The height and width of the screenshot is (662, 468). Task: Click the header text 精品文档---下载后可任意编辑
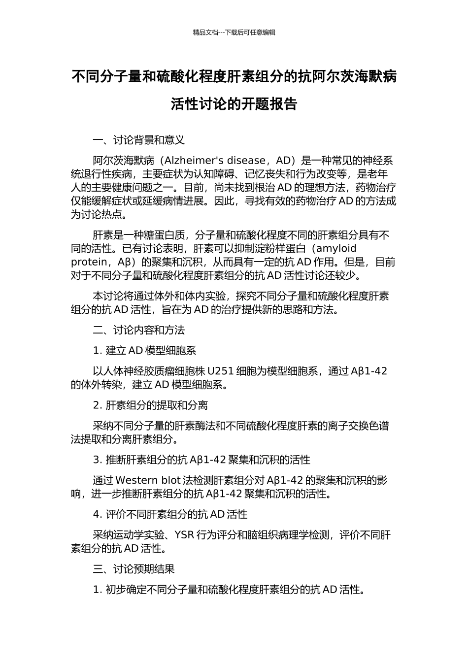[234, 33]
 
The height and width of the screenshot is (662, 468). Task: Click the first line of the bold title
[234, 77]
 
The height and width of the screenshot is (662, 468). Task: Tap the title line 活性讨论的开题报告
[234, 104]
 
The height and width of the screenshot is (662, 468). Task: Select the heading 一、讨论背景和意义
[139, 140]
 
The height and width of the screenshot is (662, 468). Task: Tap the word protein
[89, 262]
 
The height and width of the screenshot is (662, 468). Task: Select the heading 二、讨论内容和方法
[139, 330]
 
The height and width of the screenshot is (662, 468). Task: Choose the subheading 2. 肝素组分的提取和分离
[150, 405]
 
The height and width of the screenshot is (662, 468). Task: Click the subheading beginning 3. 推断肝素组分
[201, 460]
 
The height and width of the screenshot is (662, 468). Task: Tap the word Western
[136, 480]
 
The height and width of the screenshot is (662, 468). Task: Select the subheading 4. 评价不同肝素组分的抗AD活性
[170, 515]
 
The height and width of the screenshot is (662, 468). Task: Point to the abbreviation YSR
[184, 535]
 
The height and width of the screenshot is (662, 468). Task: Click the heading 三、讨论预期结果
[134, 569]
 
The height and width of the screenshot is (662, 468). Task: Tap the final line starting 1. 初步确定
[229, 590]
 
